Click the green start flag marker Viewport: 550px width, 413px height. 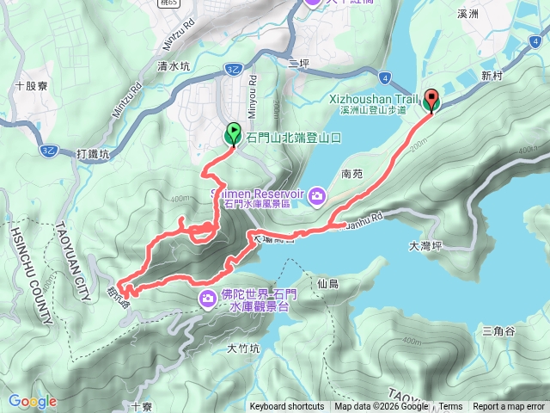click(233, 134)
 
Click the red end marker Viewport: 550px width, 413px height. click(431, 101)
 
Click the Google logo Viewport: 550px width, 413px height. click(32, 401)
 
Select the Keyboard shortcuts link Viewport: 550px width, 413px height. click(287, 407)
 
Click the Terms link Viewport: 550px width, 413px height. click(450, 407)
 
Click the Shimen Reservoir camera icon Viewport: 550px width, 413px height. click(317, 197)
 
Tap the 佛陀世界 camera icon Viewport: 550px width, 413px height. click(208, 299)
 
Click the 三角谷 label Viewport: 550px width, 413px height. click(498, 331)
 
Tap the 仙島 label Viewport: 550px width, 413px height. click(327, 283)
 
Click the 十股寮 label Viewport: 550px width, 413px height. click(31, 86)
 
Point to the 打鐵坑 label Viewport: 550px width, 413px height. click(93, 155)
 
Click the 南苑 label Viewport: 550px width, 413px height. click(352, 173)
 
